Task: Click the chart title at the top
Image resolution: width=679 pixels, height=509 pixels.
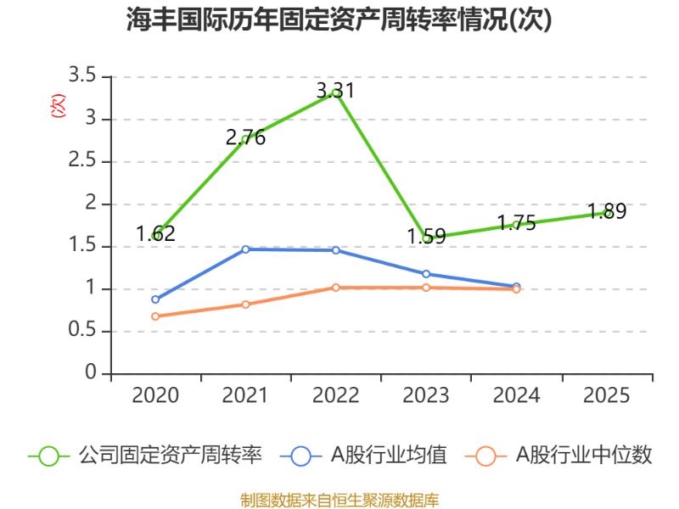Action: [339, 20]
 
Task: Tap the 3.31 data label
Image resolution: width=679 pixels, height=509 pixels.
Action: [335, 91]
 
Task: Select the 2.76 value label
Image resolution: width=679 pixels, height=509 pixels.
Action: [245, 137]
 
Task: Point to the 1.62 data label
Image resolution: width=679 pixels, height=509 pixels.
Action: [155, 233]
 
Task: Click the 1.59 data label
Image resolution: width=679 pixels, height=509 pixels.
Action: [426, 236]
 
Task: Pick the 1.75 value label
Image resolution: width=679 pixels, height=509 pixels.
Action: [516, 223]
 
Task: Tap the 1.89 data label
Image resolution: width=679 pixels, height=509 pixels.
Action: [607, 212]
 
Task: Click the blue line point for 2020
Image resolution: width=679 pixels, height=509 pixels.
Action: [155, 299]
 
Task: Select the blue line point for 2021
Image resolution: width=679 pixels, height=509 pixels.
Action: [245, 249]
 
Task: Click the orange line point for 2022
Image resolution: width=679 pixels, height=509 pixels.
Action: [336, 288]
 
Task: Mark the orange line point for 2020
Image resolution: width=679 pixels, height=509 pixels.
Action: [155, 316]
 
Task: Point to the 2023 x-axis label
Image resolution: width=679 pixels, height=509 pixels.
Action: [425, 395]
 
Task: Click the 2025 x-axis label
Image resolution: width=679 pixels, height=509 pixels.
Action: [606, 395]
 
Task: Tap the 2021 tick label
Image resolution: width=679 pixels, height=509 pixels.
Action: [244, 395]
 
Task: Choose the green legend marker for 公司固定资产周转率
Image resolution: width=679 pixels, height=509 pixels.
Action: [49, 456]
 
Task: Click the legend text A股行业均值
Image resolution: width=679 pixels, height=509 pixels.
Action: [389, 456]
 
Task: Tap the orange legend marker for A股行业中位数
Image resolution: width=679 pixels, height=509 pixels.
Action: [485, 456]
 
